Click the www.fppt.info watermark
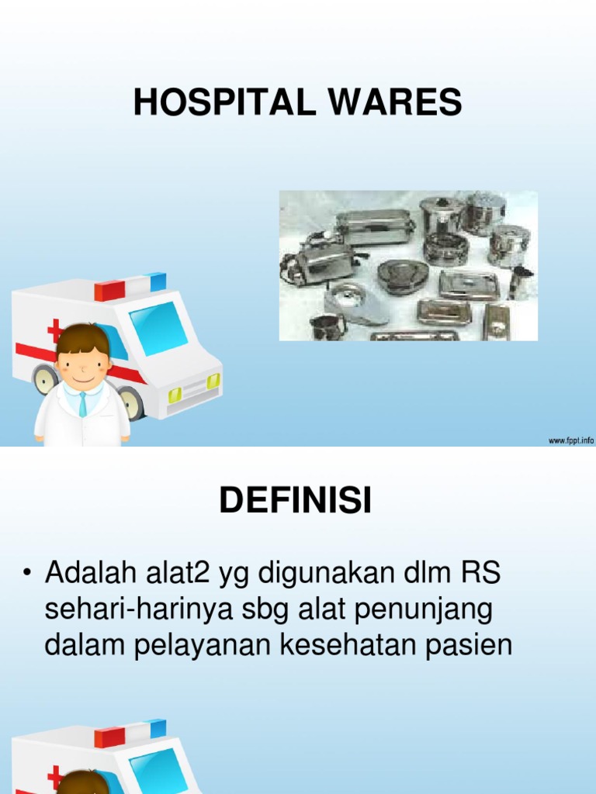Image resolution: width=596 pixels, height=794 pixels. coord(571,440)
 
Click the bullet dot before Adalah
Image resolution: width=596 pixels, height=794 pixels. coord(28,575)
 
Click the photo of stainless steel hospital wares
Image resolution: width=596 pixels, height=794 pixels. coord(408,265)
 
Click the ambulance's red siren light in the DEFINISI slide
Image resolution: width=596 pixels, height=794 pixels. coord(109,736)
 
